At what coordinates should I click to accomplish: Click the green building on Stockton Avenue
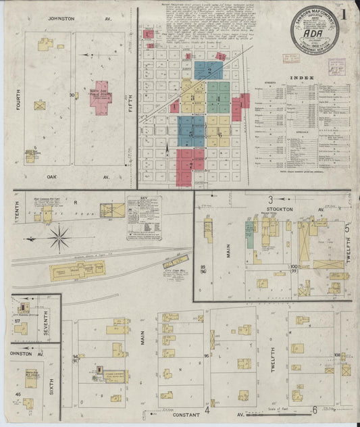click(249, 238)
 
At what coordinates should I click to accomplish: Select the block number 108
click(336, 354)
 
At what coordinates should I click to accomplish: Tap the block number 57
click(17, 321)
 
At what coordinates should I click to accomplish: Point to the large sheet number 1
click(345, 12)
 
